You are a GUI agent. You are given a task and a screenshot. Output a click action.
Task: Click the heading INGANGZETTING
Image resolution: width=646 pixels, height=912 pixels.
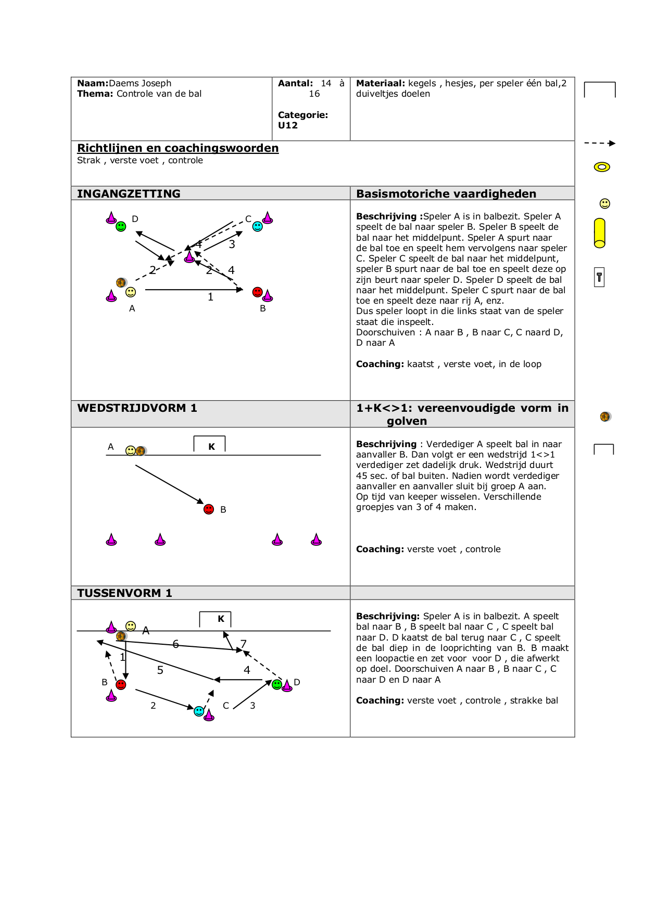pos(129,193)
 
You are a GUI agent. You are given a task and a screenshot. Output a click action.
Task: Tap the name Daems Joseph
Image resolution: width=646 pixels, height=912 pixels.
pos(140,83)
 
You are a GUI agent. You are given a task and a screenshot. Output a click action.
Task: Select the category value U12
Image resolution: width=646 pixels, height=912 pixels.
pos(288,125)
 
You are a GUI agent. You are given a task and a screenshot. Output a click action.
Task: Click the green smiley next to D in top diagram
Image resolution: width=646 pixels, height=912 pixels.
pos(121,226)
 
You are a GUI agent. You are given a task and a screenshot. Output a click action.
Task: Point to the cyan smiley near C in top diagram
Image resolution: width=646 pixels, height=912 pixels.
pos(258,226)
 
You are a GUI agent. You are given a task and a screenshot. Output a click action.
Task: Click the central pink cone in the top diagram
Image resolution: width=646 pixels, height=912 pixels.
pos(189,256)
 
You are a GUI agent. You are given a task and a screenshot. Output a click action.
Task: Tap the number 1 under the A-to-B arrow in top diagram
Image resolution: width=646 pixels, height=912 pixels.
pos(210,297)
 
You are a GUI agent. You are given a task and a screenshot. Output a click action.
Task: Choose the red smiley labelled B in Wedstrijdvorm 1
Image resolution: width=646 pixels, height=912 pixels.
pos(209,509)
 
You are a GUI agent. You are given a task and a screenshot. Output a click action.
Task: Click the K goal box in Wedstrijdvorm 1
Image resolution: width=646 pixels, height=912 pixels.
pos(210,445)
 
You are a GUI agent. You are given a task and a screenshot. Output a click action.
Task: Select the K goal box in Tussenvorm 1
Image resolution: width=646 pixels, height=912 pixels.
pos(216,619)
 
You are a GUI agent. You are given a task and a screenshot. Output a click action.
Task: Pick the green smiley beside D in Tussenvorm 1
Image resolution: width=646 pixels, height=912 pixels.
pos(277,684)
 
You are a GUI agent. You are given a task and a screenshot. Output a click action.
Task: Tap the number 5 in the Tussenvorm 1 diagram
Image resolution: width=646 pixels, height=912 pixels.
pos(160,670)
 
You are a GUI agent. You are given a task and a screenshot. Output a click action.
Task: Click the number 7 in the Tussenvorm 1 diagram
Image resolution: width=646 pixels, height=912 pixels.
pos(244,644)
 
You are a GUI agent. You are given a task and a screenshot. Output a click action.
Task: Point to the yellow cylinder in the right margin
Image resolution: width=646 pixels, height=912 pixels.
pos(600,233)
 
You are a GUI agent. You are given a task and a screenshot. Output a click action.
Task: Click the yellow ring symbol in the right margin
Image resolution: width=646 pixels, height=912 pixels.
pos(602,167)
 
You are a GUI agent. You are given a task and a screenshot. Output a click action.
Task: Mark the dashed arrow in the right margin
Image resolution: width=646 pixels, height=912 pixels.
pos(600,143)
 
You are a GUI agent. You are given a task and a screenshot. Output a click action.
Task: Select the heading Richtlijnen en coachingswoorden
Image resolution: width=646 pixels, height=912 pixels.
pos(178,148)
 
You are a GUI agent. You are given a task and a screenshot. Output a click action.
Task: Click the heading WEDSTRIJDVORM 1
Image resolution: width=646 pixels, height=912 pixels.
pos(137,408)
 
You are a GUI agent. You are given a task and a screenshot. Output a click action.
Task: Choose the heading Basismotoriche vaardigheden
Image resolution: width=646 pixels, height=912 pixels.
pos(446,193)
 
